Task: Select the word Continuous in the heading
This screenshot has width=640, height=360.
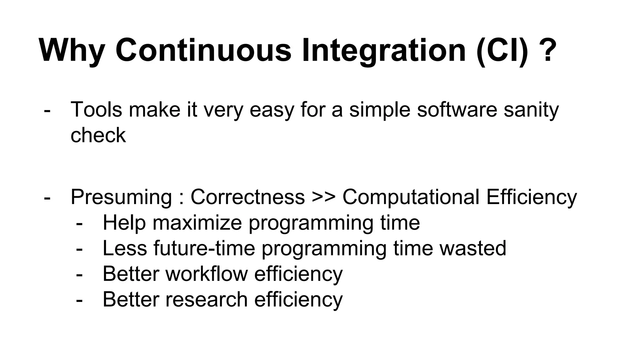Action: (203, 50)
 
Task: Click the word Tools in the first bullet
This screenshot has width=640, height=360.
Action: (96, 109)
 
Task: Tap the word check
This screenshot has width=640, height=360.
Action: (98, 135)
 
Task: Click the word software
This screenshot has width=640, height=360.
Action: (457, 109)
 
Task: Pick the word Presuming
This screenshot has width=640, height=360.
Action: (121, 197)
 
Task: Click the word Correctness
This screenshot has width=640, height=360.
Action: (247, 197)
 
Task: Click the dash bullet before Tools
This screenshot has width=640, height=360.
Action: (47, 110)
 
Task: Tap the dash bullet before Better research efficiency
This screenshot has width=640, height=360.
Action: (79, 300)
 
